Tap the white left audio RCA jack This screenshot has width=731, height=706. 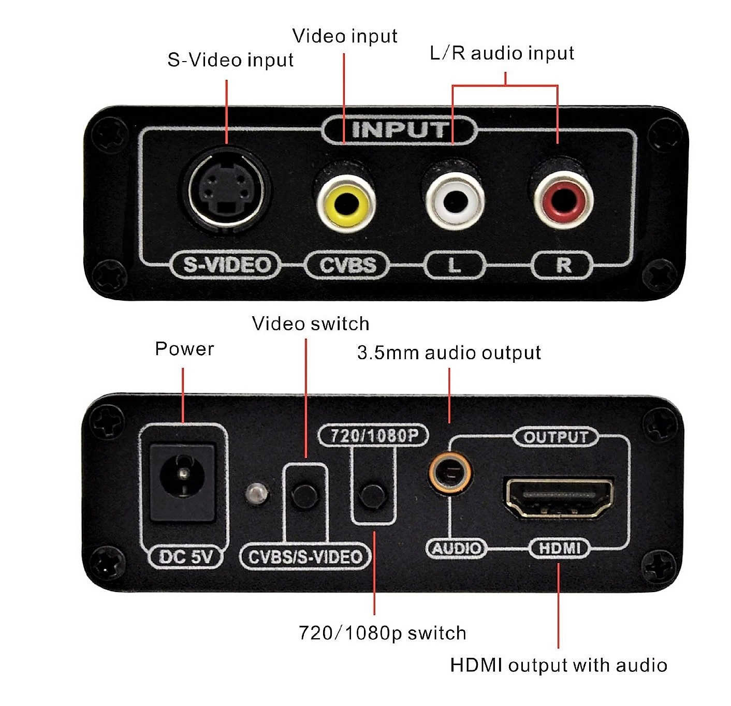coord(455,201)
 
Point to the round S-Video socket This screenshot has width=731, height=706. coord(226,189)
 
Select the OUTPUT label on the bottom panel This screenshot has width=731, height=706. coord(555,437)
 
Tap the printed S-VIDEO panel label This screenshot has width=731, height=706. coord(227,265)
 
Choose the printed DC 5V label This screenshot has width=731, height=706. coord(186,556)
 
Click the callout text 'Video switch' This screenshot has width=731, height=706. coord(310,323)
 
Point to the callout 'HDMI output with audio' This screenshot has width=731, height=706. coord(558,665)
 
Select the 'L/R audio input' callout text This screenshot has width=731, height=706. coord(502,53)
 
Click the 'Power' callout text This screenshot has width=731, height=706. coord(184,349)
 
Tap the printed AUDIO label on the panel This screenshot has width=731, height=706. coord(457,549)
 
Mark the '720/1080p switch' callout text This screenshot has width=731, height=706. coord(383,633)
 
